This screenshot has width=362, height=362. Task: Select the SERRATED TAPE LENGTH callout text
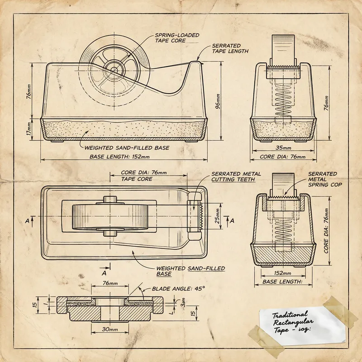click(230, 48)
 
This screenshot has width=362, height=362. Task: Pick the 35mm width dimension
click(283, 148)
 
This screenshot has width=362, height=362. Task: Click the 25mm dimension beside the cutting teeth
click(217, 216)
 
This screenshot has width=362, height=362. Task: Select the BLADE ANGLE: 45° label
click(178, 288)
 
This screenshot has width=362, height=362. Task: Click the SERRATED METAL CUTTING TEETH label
click(236, 176)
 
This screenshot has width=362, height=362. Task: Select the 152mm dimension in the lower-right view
click(283, 273)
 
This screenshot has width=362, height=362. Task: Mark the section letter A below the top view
click(104, 273)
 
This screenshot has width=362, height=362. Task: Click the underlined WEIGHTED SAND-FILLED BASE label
click(190, 271)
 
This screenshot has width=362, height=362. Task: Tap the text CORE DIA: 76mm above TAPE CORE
click(143, 172)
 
